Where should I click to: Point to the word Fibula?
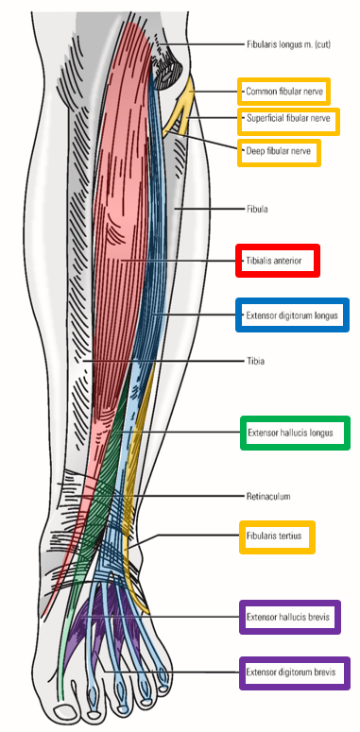click(x=258, y=208)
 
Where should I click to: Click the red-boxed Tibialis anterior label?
click(x=277, y=261)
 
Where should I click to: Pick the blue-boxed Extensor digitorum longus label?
click(x=291, y=314)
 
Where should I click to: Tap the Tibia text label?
click(x=255, y=360)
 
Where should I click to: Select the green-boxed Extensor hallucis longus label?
click(x=295, y=433)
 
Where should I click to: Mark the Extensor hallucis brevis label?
click(x=288, y=617)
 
